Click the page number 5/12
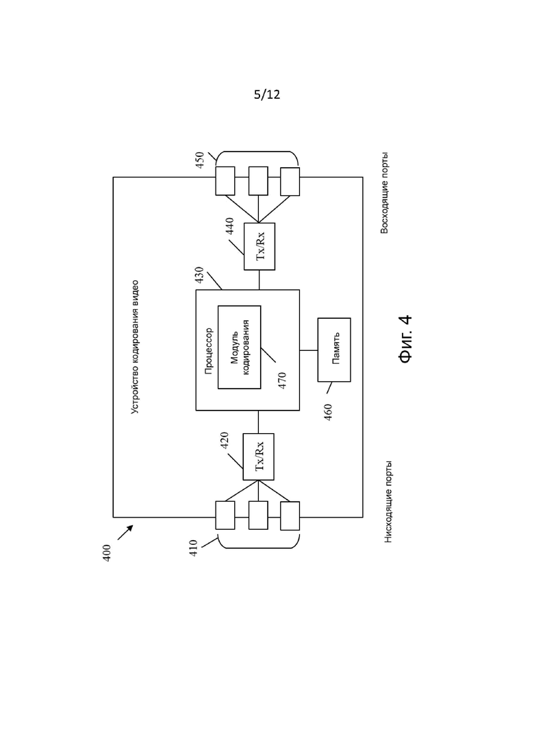tap(267, 95)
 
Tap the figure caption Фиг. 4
tap(405, 339)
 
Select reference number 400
tap(107, 552)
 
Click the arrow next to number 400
tap(125, 533)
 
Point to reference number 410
tap(193, 548)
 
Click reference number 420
tap(225, 441)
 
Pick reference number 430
tap(199, 275)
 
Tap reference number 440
tap(229, 226)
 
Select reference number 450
tap(200, 160)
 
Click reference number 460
tap(328, 412)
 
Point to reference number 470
tap(282, 380)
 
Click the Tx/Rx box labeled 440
tap(259, 246)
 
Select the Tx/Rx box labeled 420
tap(259, 456)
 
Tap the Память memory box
tap(334, 350)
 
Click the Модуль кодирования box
tap(240, 347)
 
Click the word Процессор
tap(209, 351)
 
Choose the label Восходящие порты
tap(384, 193)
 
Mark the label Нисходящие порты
tap(388, 502)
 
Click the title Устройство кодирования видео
tap(136, 347)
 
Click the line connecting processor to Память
tap(309, 350)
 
